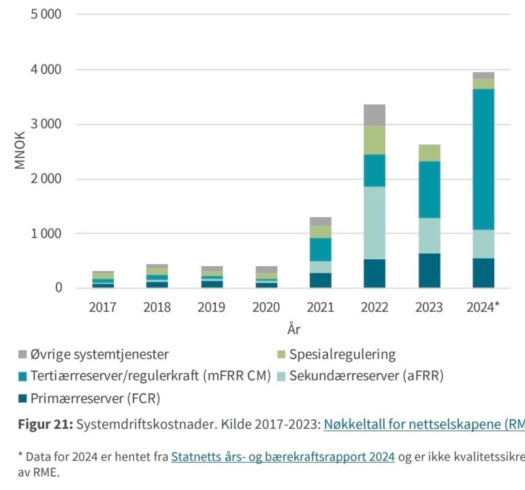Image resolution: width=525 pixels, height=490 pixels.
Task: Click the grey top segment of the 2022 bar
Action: [375, 114]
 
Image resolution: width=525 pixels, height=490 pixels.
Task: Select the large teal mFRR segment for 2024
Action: [483, 159]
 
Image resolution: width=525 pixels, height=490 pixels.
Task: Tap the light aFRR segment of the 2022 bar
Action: [375, 223]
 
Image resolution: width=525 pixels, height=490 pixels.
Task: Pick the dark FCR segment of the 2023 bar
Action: [429, 270]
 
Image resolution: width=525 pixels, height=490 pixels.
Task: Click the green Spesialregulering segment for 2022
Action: [375, 140]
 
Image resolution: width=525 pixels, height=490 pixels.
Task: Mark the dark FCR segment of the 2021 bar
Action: [320, 280]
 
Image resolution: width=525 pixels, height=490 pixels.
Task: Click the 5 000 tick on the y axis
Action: [46, 14]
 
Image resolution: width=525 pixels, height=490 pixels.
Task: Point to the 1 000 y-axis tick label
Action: [46, 233]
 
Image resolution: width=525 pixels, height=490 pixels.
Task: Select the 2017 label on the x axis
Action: [102, 307]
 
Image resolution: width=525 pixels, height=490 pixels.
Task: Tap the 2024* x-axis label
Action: [483, 307]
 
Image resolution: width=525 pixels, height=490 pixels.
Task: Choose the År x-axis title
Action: [293, 329]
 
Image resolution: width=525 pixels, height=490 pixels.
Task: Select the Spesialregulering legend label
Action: [343, 354]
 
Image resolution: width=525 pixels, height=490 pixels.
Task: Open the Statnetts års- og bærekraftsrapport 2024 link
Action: [283, 456]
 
